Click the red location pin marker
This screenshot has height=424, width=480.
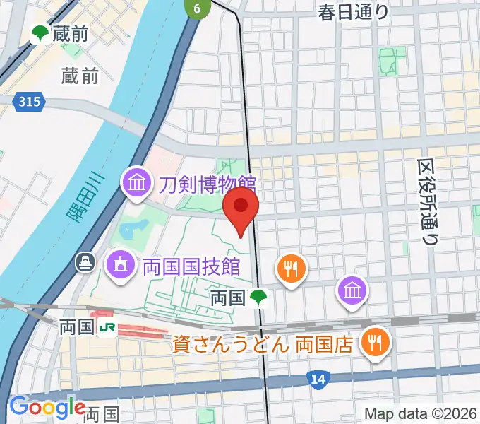tap(241, 206)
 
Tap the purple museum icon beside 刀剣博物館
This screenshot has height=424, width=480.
tap(137, 184)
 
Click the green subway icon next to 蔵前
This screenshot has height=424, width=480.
tap(39, 33)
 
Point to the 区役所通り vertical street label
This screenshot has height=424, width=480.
tap(426, 201)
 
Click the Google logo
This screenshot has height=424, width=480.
tap(47, 408)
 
